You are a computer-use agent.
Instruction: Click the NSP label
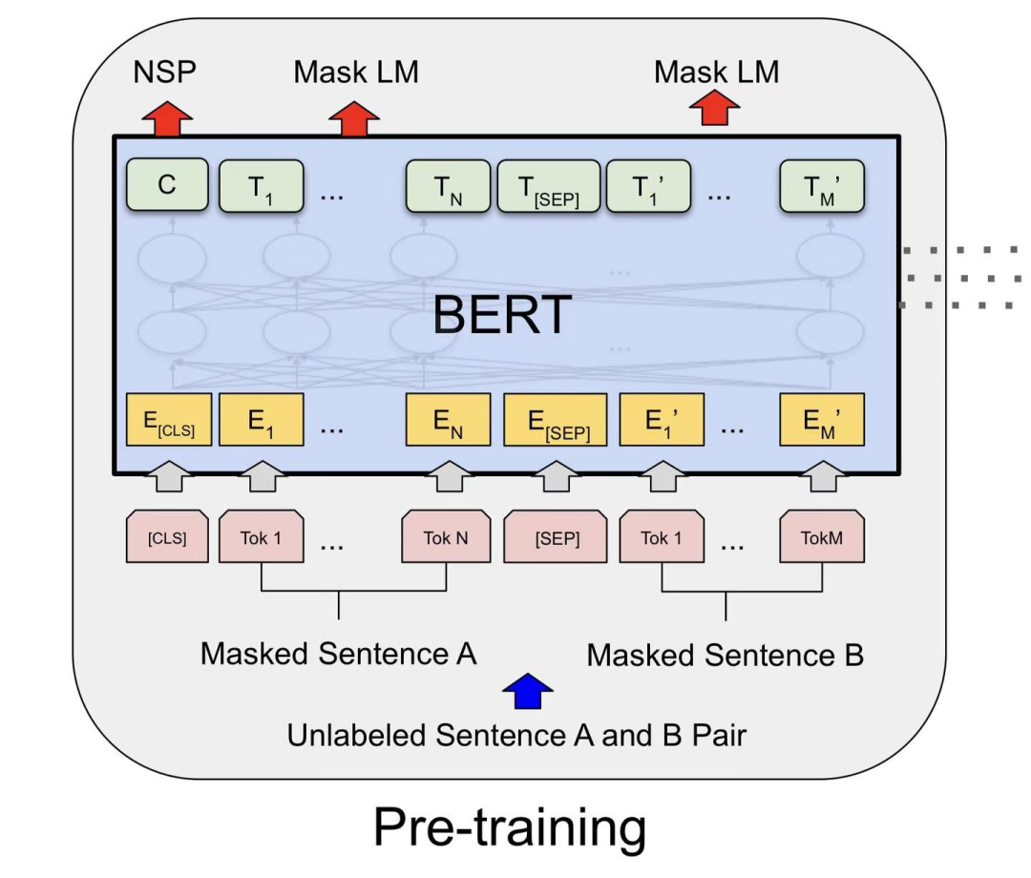(165, 73)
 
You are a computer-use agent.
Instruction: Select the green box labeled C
(167, 185)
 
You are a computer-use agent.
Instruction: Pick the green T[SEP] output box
(549, 186)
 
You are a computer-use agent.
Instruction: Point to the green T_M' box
(823, 186)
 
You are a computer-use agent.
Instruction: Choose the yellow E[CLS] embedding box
(167, 420)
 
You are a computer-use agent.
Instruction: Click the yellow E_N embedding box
(447, 420)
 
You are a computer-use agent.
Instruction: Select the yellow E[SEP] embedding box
(555, 421)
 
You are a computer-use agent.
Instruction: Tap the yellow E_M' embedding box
(822, 420)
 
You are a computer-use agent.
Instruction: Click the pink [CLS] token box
(167, 538)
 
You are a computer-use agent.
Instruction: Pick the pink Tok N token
(446, 538)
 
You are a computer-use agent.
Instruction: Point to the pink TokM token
(822, 538)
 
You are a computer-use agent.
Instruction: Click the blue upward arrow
(527, 691)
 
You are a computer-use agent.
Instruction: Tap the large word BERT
(501, 315)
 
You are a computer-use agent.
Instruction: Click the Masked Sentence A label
(338, 655)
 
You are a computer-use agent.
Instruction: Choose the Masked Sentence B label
(725, 656)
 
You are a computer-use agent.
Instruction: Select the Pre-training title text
(509, 827)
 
